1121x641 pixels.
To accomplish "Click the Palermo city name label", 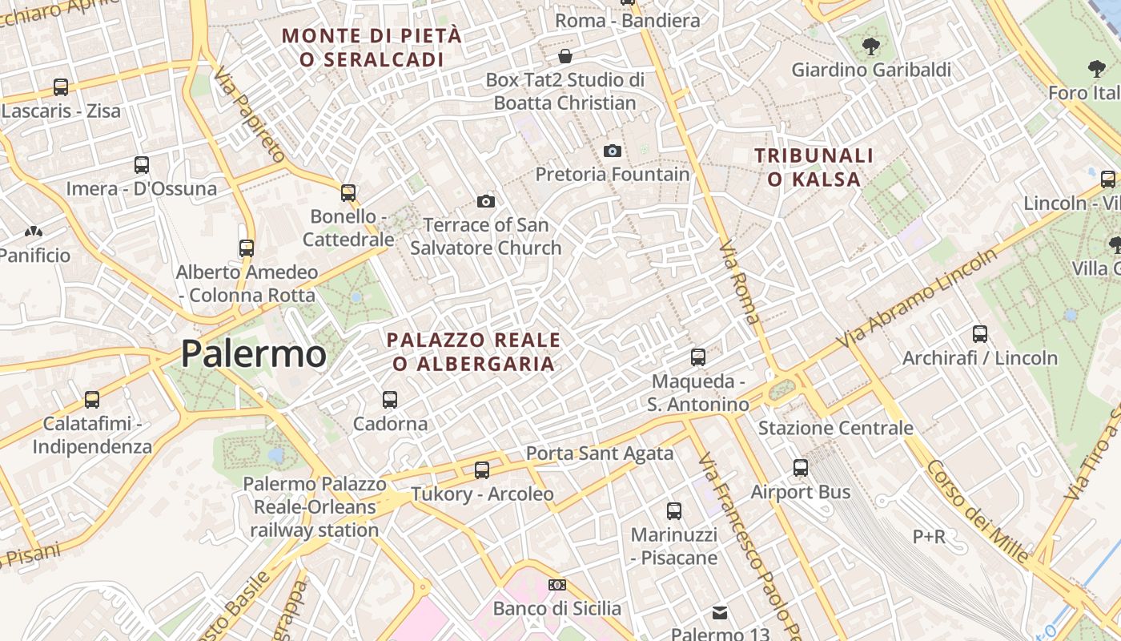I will click(x=254, y=353).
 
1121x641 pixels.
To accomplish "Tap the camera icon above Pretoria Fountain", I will click(x=612, y=151).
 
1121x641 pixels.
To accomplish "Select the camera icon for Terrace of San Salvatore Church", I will click(x=485, y=201).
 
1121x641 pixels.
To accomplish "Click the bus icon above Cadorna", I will click(x=390, y=399).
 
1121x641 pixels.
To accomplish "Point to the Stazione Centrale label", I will click(x=835, y=428).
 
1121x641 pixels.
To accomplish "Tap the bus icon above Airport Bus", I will click(x=801, y=468).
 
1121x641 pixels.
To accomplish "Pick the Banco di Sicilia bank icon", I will click(x=556, y=585).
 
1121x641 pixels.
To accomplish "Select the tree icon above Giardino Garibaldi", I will click(x=871, y=46).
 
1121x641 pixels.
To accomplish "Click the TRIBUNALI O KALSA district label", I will click(x=814, y=167).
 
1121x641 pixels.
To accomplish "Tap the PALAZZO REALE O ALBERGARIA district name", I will click(x=473, y=352).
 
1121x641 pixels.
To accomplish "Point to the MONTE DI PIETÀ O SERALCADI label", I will click(x=372, y=47).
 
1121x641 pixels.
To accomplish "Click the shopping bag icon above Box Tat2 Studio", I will click(x=565, y=56).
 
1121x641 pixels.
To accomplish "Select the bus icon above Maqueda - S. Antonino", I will click(x=698, y=357).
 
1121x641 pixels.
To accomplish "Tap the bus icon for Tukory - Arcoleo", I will click(x=482, y=470).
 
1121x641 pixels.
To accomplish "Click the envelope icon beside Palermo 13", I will click(x=720, y=613).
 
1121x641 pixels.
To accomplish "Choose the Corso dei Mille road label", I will click(x=978, y=510).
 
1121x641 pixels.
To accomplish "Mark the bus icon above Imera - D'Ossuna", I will click(x=142, y=165).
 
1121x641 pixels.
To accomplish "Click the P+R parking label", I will click(x=929, y=536).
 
